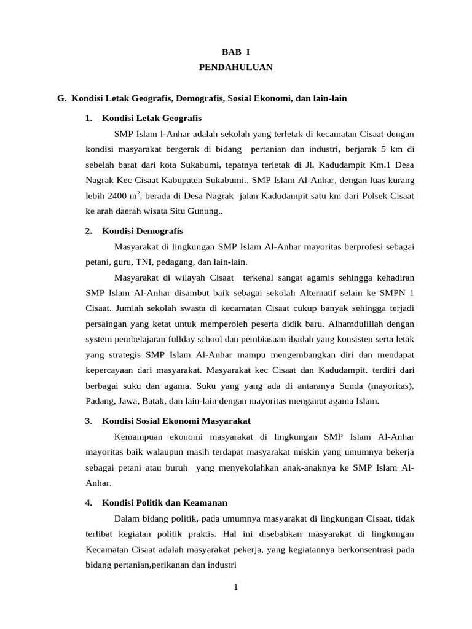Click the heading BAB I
236,53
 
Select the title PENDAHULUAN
236,68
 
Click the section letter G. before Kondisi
61,98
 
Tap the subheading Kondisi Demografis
142,231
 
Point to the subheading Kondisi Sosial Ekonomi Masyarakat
176,421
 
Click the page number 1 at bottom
235,587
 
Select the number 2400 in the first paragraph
117,196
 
